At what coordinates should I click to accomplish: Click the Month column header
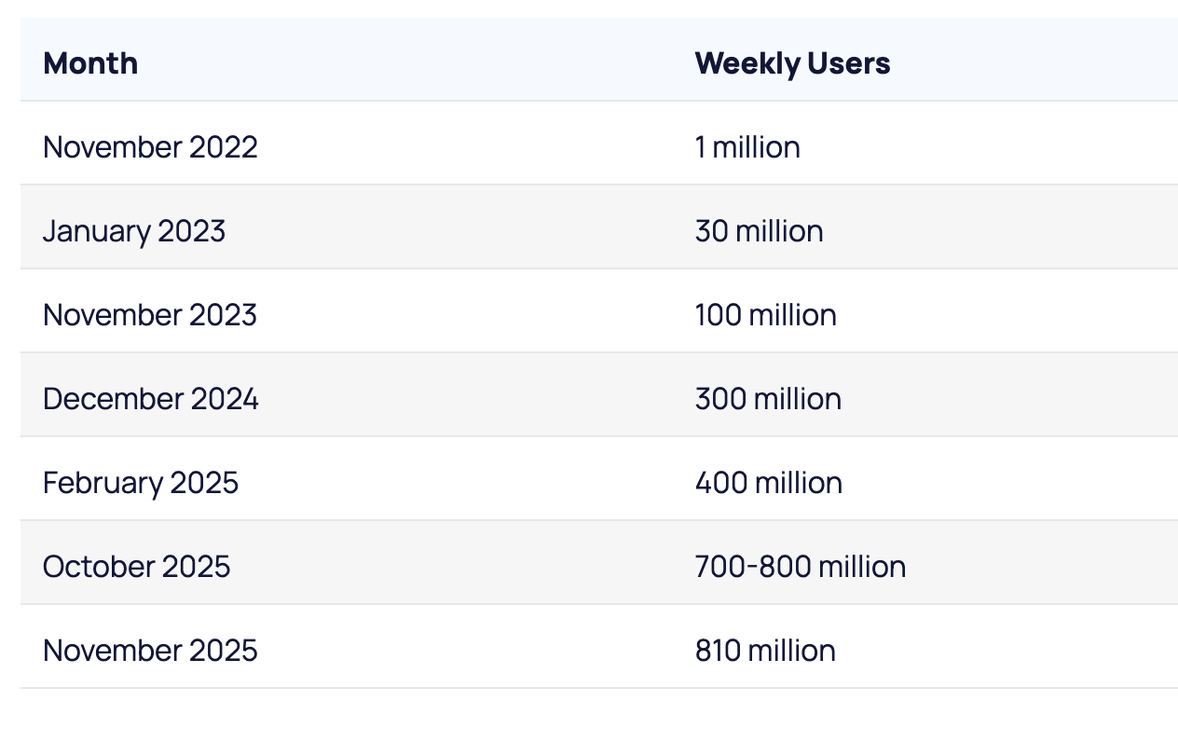(90, 63)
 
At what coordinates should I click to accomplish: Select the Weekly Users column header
(792, 63)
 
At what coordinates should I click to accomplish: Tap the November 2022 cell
(150, 147)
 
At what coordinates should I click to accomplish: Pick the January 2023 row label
(134, 231)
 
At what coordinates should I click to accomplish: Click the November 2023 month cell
(150, 315)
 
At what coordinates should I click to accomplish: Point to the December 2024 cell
(151, 399)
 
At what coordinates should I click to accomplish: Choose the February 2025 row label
(141, 483)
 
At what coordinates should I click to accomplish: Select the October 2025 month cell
(137, 567)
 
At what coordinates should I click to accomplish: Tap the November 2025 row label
(150, 651)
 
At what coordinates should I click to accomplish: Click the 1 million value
(747, 147)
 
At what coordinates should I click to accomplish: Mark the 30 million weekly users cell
(759, 231)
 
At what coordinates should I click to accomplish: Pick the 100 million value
(765, 315)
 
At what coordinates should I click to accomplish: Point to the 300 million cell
(768, 399)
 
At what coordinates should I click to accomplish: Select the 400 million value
(768, 483)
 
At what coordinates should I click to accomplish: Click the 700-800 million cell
(800, 567)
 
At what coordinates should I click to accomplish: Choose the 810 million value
(765, 651)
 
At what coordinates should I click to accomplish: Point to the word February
(103, 483)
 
